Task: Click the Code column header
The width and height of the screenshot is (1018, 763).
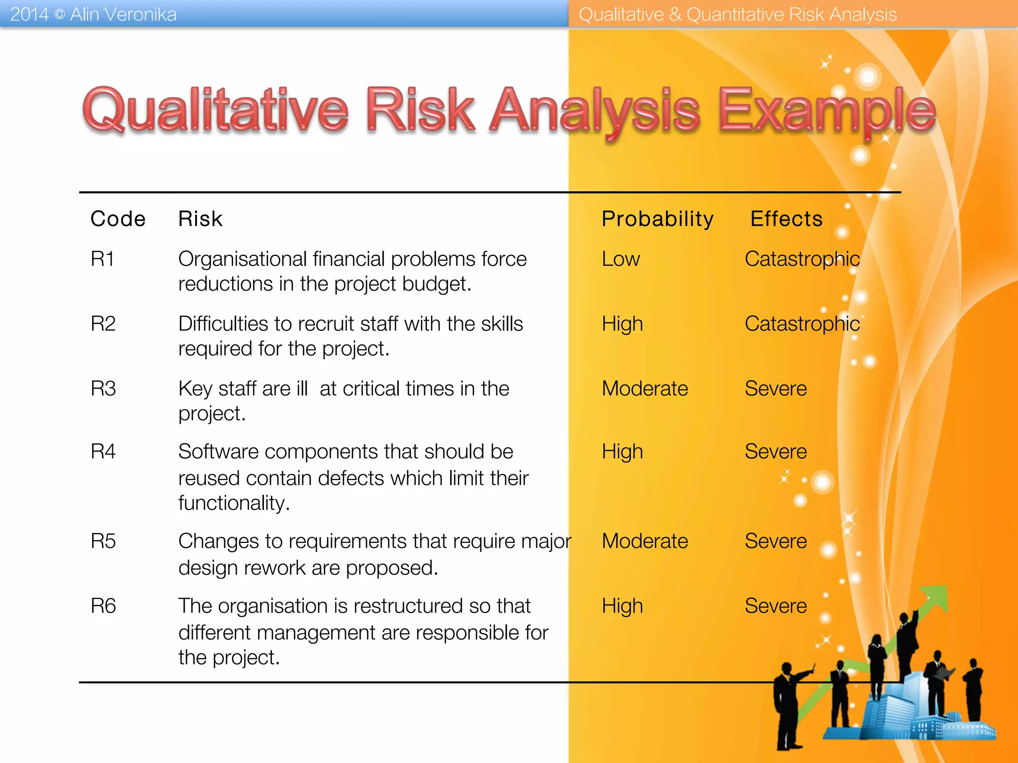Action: coord(118,219)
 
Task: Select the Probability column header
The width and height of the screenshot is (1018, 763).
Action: coord(657,219)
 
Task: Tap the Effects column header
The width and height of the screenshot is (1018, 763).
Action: coord(786,219)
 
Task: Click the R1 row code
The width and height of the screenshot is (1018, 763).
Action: coord(102,259)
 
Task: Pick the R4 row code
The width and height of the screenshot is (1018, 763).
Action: coord(103,452)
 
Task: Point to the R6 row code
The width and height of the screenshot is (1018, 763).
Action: coord(103,606)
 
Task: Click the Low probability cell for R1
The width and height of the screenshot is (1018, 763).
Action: coord(621,259)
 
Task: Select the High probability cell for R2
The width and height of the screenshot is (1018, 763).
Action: coord(622,324)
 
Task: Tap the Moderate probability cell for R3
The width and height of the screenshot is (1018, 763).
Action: coord(645,388)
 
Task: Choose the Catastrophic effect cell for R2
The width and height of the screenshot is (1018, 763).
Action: coord(802,324)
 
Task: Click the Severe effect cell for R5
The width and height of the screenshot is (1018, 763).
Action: coord(775,541)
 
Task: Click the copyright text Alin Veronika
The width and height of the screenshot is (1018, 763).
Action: coord(123,14)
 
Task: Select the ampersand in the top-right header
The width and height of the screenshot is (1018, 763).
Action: coord(675,14)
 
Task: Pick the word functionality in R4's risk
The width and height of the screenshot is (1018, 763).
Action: coord(234,503)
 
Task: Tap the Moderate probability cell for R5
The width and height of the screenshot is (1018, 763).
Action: coord(645,541)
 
